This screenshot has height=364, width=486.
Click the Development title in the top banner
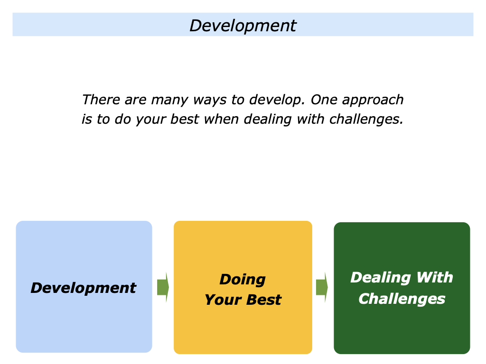(243, 25)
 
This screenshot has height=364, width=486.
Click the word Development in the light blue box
(84, 288)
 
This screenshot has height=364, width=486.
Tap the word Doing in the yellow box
(243, 280)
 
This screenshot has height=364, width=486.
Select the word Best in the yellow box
(266, 300)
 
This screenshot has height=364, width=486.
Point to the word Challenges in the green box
(402, 299)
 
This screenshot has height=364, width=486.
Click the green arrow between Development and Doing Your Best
(163, 287)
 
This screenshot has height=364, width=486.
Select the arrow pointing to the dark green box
(322, 287)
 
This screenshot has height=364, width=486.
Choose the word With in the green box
(435, 277)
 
